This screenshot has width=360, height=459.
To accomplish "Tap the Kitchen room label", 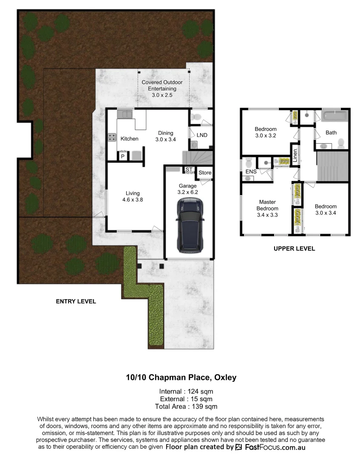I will tap(129, 139).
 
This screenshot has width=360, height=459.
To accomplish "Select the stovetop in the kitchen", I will tap(113, 137).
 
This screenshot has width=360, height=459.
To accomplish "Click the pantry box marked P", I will tap(123, 156).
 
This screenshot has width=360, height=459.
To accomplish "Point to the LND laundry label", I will tap(202, 135).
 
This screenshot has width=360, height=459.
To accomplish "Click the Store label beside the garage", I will tap(205, 173).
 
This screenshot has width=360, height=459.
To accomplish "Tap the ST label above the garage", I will tap(188, 170).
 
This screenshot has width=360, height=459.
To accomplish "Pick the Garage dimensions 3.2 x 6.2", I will tap(187, 192).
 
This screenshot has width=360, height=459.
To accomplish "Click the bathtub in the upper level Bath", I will tap(335, 115).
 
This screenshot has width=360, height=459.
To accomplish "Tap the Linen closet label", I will tap(294, 155).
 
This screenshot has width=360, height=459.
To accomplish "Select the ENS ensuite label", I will tap(251, 172).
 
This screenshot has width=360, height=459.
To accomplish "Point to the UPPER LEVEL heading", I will tap(294, 249).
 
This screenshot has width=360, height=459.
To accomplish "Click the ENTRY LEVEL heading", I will tap(76, 301).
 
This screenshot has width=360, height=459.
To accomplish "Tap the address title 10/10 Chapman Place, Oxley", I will tap(181, 377).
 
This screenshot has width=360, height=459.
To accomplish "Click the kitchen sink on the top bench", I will tap(125, 113).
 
